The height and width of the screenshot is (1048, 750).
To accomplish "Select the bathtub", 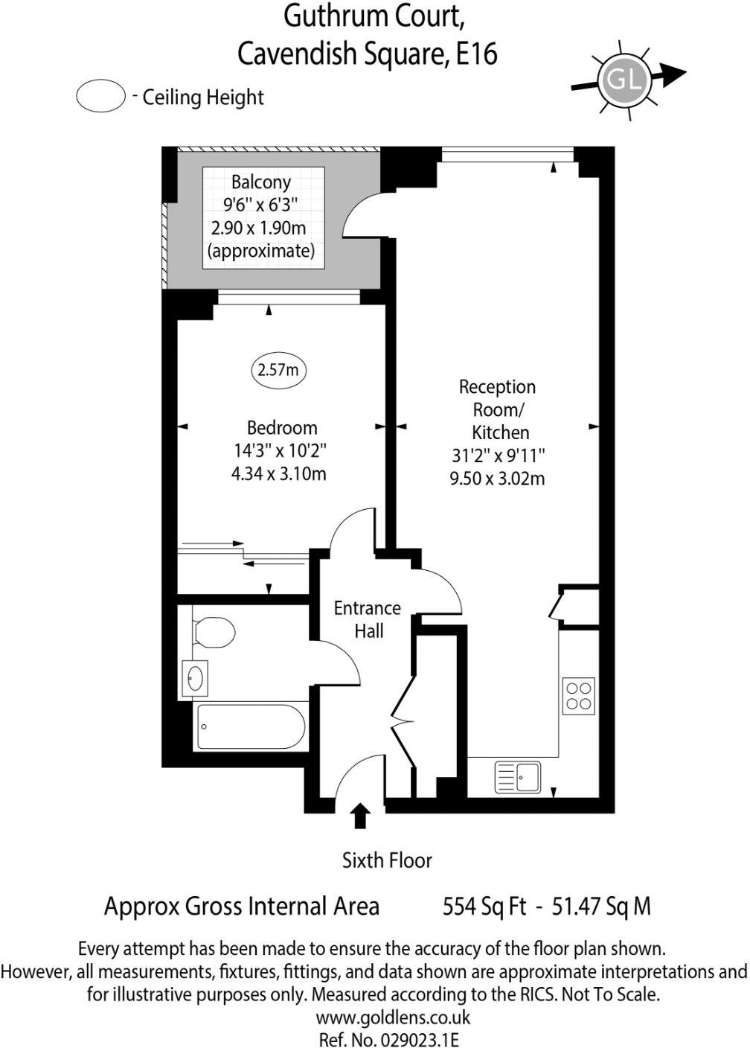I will click(x=250, y=726).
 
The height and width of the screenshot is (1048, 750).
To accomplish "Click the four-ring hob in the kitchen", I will click(x=578, y=695).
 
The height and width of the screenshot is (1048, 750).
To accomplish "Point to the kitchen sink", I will click(x=518, y=777).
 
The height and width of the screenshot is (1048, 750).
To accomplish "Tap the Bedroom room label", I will click(x=282, y=428).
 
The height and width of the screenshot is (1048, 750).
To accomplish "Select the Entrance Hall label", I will click(x=368, y=619).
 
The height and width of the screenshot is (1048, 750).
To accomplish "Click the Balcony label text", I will click(x=260, y=182).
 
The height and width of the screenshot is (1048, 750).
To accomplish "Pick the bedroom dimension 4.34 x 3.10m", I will click(x=279, y=473).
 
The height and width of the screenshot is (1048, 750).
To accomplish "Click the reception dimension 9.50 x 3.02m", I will click(x=497, y=478).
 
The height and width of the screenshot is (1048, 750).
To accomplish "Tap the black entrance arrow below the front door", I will click(x=361, y=816).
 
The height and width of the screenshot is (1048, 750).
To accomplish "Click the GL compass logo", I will click(x=624, y=78).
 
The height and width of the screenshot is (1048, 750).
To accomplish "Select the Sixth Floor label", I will click(x=387, y=860).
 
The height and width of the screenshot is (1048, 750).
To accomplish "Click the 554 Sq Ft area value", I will click(x=484, y=907).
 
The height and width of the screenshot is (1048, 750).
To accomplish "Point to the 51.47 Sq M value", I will click(x=600, y=907).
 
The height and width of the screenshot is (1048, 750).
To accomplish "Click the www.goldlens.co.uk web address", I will click(x=393, y=1017).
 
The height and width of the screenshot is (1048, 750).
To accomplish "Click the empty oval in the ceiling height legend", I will click(x=100, y=98).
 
